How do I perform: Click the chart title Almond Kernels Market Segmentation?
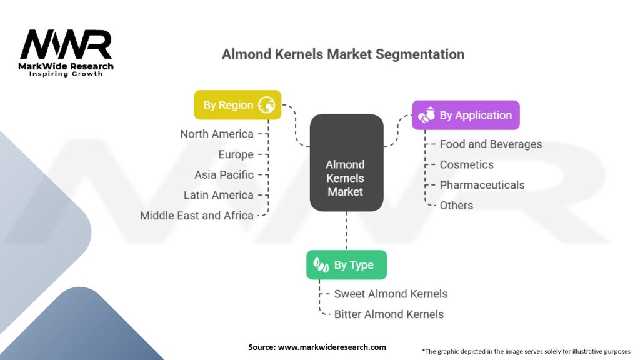click(343, 54)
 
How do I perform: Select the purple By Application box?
click(465, 115)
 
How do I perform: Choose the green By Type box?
click(346, 265)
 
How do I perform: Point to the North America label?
click(217, 134)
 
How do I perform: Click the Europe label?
click(236, 154)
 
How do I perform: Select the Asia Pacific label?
click(224, 175)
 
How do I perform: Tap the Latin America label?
click(219, 195)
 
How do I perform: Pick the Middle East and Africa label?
click(197, 216)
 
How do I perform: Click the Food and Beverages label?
click(491, 144)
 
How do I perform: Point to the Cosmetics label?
click(466, 164)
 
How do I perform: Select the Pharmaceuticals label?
click(482, 185)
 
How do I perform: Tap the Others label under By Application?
click(456, 205)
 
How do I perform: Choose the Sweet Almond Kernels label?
click(391, 294)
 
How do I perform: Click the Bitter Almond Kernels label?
click(389, 314)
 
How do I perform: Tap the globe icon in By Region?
click(266, 105)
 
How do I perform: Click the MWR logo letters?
click(66, 45)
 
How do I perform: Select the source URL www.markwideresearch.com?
click(332, 347)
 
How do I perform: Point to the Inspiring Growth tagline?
click(66, 74)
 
